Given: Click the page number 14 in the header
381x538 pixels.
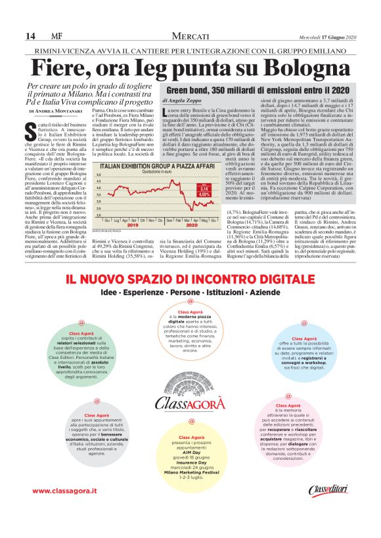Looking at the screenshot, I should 30,35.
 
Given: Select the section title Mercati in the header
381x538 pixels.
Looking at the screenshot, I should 190,35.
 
